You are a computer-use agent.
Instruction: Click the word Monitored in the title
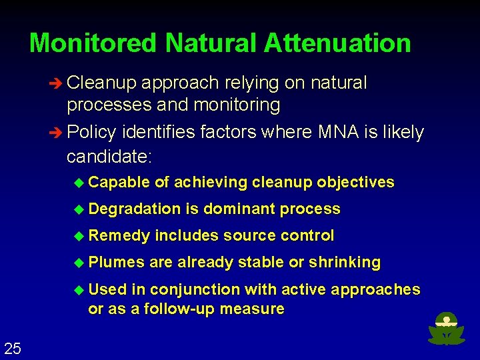click(x=94, y=43)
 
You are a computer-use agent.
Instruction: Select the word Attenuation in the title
click(x=337, y=43)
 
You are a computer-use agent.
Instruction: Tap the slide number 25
click(x=12, y=347)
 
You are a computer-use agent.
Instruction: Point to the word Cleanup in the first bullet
click(x=102, y=83)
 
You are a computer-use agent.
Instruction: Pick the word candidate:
click(x=109, y=157)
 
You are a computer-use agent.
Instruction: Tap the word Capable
click(x=119, y=183)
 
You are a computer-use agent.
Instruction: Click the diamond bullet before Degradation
click(x=81, y=209)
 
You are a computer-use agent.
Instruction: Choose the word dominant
click(x=239, y=209)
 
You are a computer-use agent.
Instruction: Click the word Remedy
click(x=119, y=236)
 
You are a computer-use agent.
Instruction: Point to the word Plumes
click(x=116, y=263)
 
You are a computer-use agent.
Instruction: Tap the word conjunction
click(x=195, y=289)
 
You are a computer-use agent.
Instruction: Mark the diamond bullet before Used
click(x=81, y=289)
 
